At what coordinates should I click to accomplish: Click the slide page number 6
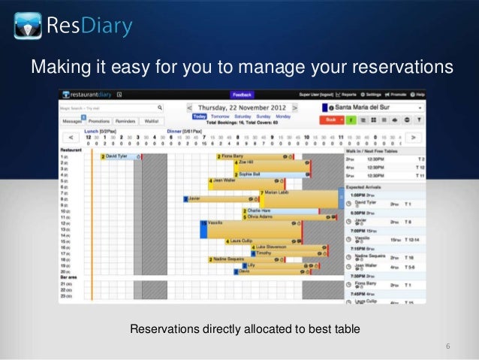coord(447,346)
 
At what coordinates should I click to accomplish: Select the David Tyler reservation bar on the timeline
coord(117,156)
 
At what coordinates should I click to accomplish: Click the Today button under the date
coord(200,117)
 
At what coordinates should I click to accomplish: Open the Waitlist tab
coord(151,120)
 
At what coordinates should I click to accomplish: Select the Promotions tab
coord(98,120)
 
